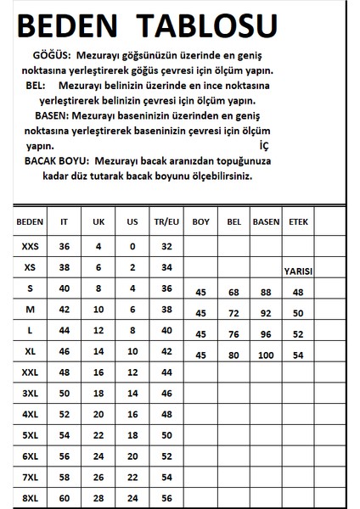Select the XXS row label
[x=29, y=246]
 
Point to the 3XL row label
[x=29, y=394]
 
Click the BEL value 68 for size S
[x=233, y=294]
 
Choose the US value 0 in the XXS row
[x=132, y=246]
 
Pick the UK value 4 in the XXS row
[x=98, y=246]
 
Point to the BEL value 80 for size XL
[x=233, y=354]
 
